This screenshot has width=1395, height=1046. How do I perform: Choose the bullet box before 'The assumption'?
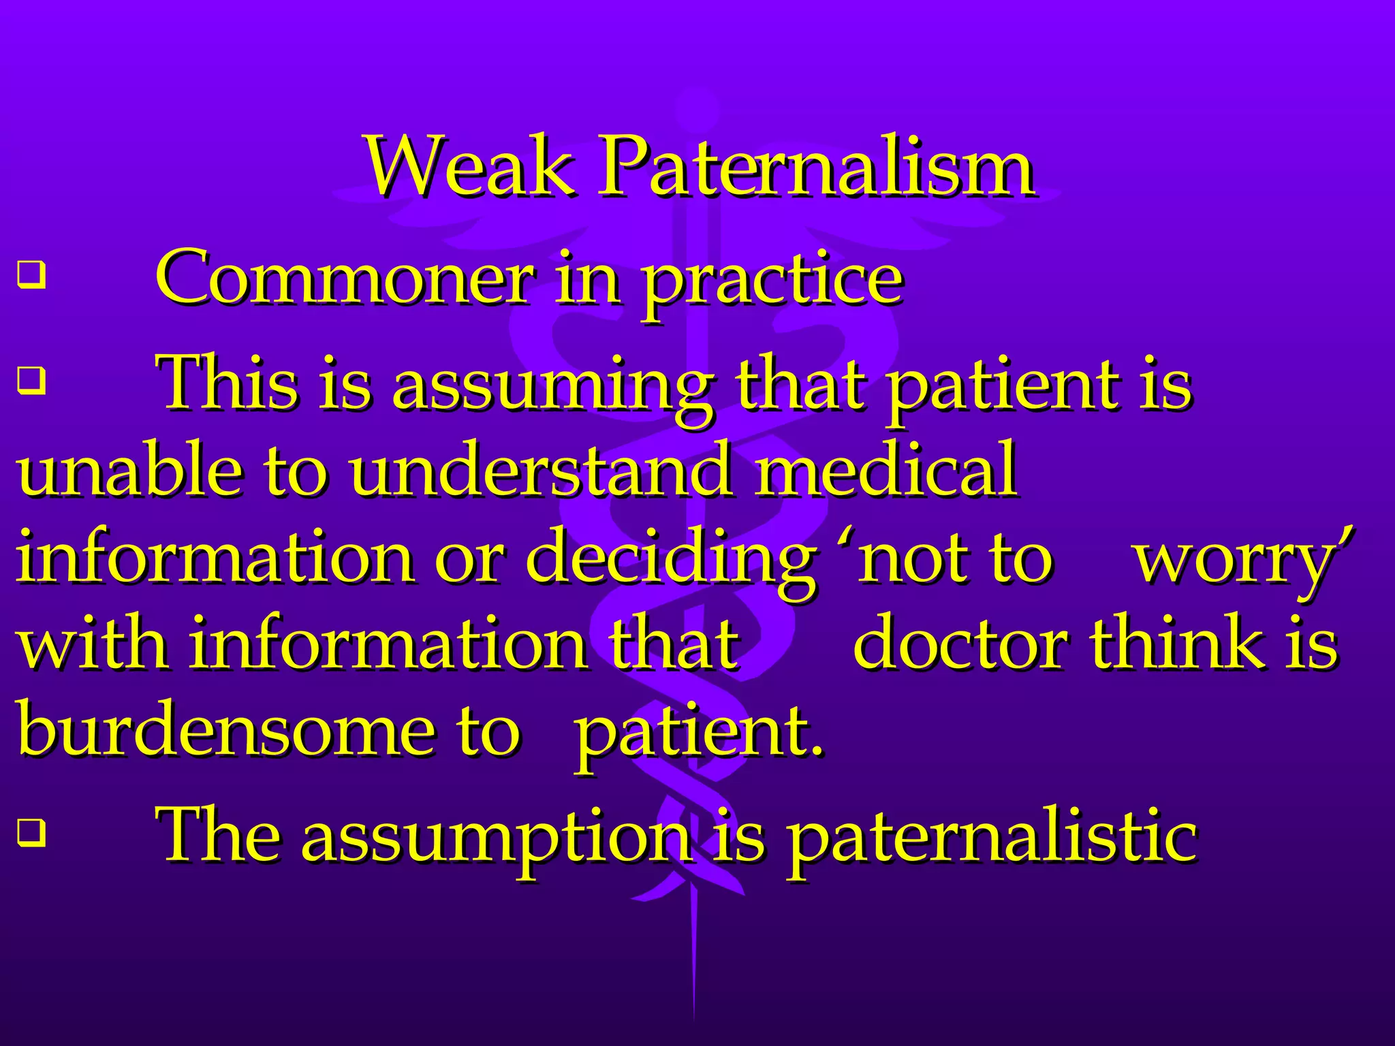31,832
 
